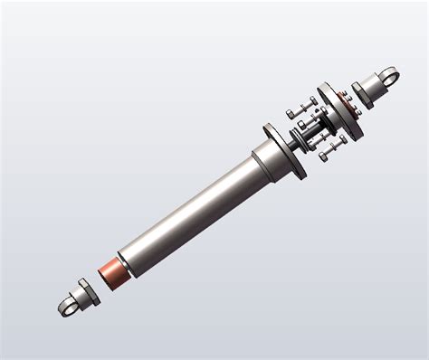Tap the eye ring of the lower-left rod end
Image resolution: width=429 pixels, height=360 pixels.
pos(66,308)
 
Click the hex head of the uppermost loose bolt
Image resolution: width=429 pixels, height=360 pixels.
pos(291,114)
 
